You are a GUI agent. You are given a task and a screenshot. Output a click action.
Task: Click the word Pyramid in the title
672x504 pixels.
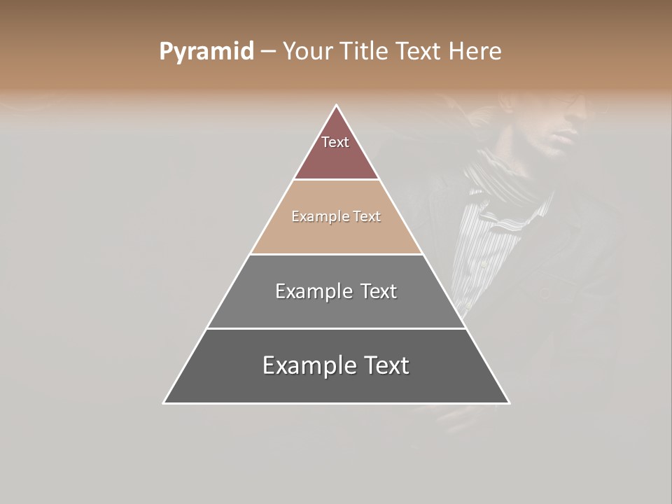click(x=206, y=52)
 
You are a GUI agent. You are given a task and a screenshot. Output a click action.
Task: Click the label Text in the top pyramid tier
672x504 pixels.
click(x=335, y=142)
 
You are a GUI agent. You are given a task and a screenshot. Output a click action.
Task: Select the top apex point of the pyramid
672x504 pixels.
click(x=337, y=106)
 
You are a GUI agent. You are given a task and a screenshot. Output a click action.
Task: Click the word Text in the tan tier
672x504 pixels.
click(x=367, y=216)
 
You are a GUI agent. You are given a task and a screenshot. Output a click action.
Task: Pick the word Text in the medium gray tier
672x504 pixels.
click(x=378, y=291)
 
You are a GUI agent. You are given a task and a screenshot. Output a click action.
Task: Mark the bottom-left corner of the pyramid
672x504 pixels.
click(x=164, y=403)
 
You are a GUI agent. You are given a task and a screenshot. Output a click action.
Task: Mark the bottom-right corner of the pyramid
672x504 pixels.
click(x=509, y=403)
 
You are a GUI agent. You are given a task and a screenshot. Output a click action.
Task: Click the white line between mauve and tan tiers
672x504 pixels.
click(x=337, y=180)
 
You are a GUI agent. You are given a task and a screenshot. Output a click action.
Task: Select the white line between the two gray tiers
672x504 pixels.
click(x=337, y=328)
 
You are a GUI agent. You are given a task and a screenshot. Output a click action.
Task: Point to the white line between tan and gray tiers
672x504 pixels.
click(x=337, y=254)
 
